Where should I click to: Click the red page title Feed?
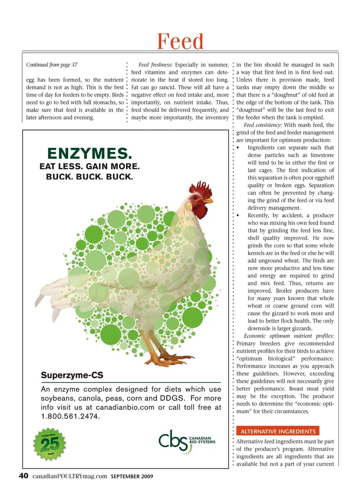tap(180, 41)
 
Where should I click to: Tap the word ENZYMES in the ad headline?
tap(89, 153)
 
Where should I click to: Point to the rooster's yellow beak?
tap(209, 201)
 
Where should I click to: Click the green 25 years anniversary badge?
tap(50, 444)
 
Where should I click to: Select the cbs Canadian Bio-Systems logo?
tap(186, 441)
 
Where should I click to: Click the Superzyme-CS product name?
tap(72, 375)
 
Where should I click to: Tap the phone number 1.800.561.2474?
tap(70, 416)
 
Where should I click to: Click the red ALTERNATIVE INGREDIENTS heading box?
tap(278, 431)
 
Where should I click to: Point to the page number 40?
tap(23, 476)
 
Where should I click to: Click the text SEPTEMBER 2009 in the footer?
tap(132, 477)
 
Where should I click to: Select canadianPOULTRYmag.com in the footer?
tap(69, 476)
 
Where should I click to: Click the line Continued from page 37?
tap(52, 65)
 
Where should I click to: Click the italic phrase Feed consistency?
tap(262, 125)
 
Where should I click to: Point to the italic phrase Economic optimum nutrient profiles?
tap(288, 336)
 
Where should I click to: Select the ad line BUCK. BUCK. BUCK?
tap(89, 177)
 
